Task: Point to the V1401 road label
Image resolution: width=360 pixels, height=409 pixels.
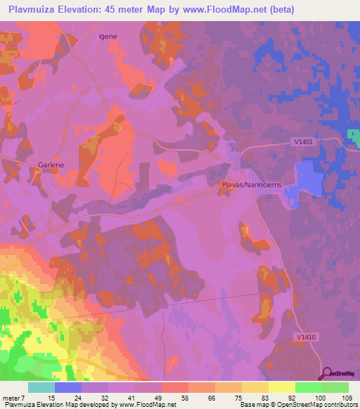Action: [303, 142]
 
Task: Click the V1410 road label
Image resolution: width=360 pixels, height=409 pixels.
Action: [307, 337]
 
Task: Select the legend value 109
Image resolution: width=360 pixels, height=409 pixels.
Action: [347, 398]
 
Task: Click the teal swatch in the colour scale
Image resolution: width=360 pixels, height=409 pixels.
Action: [41, 387]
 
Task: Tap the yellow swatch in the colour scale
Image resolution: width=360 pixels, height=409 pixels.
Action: [282, 387]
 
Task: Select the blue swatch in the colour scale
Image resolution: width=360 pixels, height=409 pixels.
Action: [68, 387]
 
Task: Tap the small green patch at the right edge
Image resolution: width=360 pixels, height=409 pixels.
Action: [354, 138]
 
